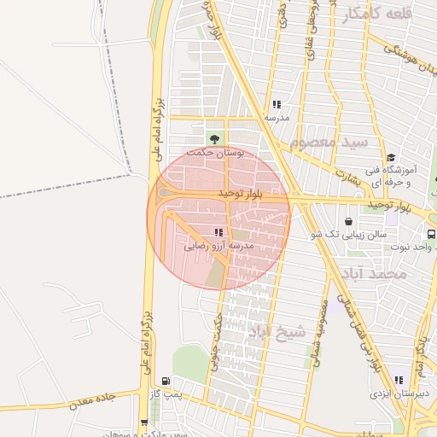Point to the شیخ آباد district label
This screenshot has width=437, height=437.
276,331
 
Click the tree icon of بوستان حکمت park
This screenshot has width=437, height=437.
213,139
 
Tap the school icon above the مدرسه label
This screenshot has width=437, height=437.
276,105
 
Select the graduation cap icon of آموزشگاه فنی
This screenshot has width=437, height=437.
391,157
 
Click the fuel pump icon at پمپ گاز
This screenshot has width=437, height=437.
165,382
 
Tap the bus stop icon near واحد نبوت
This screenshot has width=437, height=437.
431,233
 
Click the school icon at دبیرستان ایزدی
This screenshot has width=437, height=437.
399,381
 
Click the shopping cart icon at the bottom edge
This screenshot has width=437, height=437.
143,423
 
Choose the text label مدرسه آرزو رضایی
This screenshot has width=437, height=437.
219,245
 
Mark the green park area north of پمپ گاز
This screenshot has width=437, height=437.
189,362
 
